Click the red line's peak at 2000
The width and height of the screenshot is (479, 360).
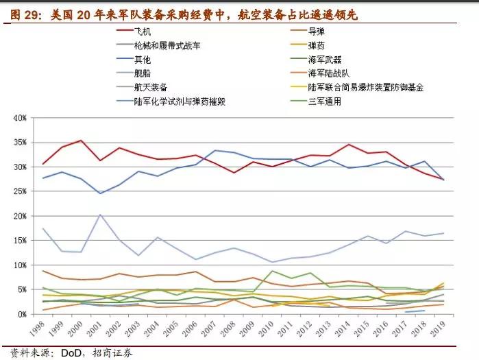coord(82,141)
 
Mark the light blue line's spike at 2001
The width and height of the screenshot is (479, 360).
coord(100,215)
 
